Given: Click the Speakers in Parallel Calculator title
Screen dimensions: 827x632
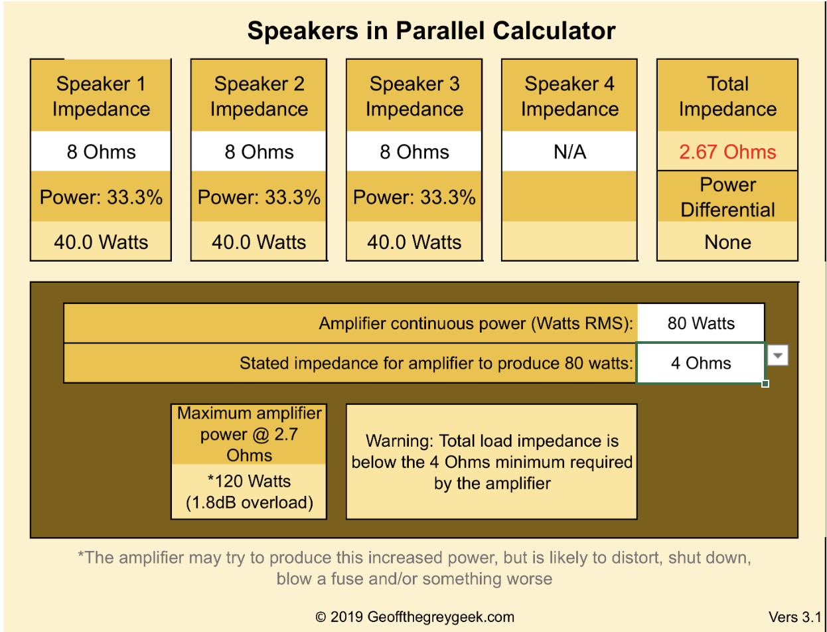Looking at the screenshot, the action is [431, 31].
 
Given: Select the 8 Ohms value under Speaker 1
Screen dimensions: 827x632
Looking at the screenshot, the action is [101, 152].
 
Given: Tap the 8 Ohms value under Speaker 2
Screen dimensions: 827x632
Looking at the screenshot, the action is [259, 152].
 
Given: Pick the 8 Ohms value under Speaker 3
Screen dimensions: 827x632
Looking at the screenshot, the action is [414, 152].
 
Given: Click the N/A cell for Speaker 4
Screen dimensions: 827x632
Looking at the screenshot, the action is [569, 152].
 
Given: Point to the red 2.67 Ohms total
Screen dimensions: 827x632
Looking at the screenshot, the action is [727, 152].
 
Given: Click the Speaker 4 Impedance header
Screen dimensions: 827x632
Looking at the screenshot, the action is [569, 96].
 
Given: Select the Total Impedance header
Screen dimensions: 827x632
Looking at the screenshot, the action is [727, 96].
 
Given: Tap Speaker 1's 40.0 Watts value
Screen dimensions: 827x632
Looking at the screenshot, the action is [101, 242].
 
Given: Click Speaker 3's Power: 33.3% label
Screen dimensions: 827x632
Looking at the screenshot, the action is [414, 197].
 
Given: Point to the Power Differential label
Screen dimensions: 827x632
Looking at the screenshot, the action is [727, 197].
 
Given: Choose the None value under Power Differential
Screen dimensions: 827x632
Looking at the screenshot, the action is [727, 242].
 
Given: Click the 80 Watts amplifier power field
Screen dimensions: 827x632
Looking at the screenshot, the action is [701, 323].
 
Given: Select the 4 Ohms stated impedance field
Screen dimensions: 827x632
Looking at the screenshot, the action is [701, 363].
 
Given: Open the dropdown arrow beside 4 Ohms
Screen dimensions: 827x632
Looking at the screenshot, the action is [778, 355].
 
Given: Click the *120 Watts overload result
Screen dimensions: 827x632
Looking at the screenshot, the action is [249, 492].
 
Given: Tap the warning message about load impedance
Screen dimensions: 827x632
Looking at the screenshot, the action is [492, 462].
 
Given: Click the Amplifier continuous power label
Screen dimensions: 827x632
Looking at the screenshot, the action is [476, 323].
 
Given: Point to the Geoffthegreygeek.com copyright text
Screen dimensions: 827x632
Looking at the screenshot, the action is [414, 617].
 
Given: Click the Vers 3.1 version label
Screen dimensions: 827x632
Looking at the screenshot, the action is [794, 617].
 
